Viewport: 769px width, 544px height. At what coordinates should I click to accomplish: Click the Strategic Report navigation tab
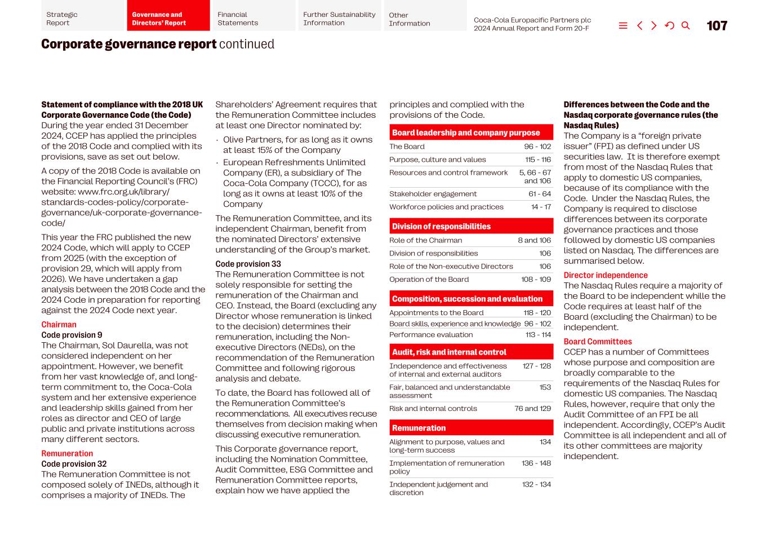[82, 19]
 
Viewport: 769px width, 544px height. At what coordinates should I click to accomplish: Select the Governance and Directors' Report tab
[168, 19]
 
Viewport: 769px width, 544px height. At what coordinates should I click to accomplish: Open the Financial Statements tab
[254, 19]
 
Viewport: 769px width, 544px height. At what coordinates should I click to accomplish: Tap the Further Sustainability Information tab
[339, 19]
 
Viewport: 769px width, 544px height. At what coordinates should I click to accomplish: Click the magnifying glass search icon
[686, 26]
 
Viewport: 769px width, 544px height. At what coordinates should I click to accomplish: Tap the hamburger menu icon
[623, 26]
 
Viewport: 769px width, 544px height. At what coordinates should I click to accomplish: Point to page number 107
[717, 26]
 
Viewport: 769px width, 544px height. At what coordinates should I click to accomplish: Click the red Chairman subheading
[59, 325]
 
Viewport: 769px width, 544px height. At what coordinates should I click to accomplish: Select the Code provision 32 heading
[74, 464]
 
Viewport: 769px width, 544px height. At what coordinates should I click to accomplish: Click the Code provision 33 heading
[248, 264]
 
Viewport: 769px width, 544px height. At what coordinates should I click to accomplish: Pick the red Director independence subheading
[606, 275]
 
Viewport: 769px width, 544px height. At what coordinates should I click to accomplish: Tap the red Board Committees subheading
[598, 342]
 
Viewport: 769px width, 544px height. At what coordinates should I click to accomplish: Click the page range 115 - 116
[537, 160]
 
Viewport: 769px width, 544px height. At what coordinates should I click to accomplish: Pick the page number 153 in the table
[545, 387]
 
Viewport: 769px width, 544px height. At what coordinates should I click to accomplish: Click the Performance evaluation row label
[431, 335]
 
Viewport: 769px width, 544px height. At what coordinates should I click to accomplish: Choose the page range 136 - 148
[536, 463]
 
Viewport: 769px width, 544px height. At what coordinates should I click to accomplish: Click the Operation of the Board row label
[429, 280]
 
